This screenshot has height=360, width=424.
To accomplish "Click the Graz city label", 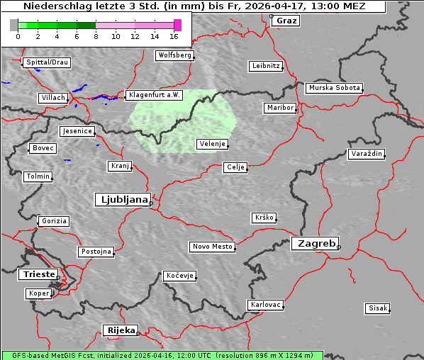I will pyautogui.click(x=286, y=21).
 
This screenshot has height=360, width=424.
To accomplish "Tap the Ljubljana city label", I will pyautogui.click(x=122, y=200).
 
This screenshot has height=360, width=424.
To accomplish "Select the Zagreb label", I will pyautogui.click(x=314, y=243).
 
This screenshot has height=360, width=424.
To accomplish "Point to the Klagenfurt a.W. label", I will pyautogui.click(x=154, y=95).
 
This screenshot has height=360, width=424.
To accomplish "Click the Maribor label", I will pyautogui.click(x=279, y=108).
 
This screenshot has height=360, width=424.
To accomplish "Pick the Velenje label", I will pyautogui.click(x=213, y=144).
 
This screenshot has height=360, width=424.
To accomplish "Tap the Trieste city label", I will pyautogui.click(x=38, y=274).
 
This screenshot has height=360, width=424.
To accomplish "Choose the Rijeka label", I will pyautogui.click(x=120, y=330).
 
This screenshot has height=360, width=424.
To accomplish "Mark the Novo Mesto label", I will pyautogui.click(x=212, y=247).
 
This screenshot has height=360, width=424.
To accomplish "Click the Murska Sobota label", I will pyautogui.click(x=334, y=89).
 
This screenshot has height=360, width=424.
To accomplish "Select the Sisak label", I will pyautogui.click(x=377, y=308).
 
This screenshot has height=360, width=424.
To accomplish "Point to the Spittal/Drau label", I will pyautogui.click(x=47, y=62).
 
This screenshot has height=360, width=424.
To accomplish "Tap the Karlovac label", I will pyautogui.click(x=266, y=305).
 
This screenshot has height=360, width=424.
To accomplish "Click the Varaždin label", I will pyautogui.click(x=367, y=154).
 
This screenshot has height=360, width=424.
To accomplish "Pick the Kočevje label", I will pyautogui.click(x=179, y=276).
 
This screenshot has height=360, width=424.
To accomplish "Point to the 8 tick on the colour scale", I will pyautogui.click(x=96, y=35).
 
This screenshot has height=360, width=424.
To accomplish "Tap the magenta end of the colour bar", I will pyautogui.click(x=177, y=25).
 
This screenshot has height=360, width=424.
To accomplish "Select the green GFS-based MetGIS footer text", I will pyautogui.click(x=162, y=355).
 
